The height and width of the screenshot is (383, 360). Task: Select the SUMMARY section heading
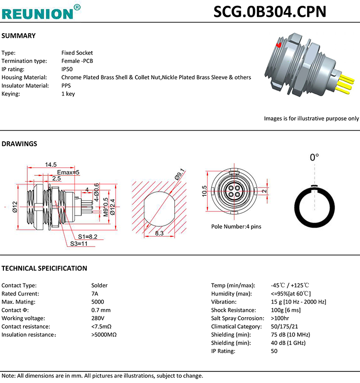tap(19, 36)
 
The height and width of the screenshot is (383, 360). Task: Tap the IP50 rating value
tap(67, 69)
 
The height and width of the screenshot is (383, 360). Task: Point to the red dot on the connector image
tap(279, 45)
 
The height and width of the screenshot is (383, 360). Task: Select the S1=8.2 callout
tap(88, 236)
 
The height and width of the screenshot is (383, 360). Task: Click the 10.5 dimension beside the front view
tap(204, 191)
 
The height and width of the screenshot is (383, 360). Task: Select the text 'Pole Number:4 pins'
tap(236, 226)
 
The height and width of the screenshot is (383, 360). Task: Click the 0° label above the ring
tap(314, 158)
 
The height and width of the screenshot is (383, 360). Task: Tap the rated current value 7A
tap(95, 293)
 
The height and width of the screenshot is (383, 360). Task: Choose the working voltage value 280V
tap(97, 318)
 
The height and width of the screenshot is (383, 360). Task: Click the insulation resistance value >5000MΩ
tap(104, 334)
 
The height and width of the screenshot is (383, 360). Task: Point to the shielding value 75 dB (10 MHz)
tap(290, 334)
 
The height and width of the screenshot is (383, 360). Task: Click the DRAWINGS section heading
tap(20, 143)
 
